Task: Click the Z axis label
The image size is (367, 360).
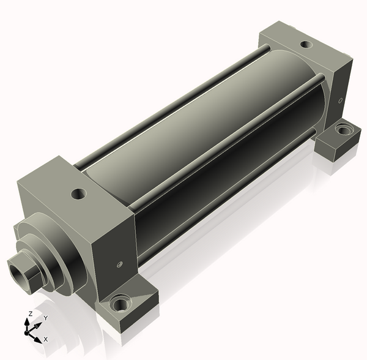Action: [31, 313]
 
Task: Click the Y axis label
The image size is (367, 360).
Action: [46, 318]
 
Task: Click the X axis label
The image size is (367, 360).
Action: [46, 339]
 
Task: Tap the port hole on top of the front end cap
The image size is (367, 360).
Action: [79, 194]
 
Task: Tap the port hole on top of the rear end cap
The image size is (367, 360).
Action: [306, 44]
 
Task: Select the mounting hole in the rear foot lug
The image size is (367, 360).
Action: [344, 130]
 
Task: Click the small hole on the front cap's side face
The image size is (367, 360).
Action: [120, 264]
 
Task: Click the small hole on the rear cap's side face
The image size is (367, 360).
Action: [341, 100]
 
